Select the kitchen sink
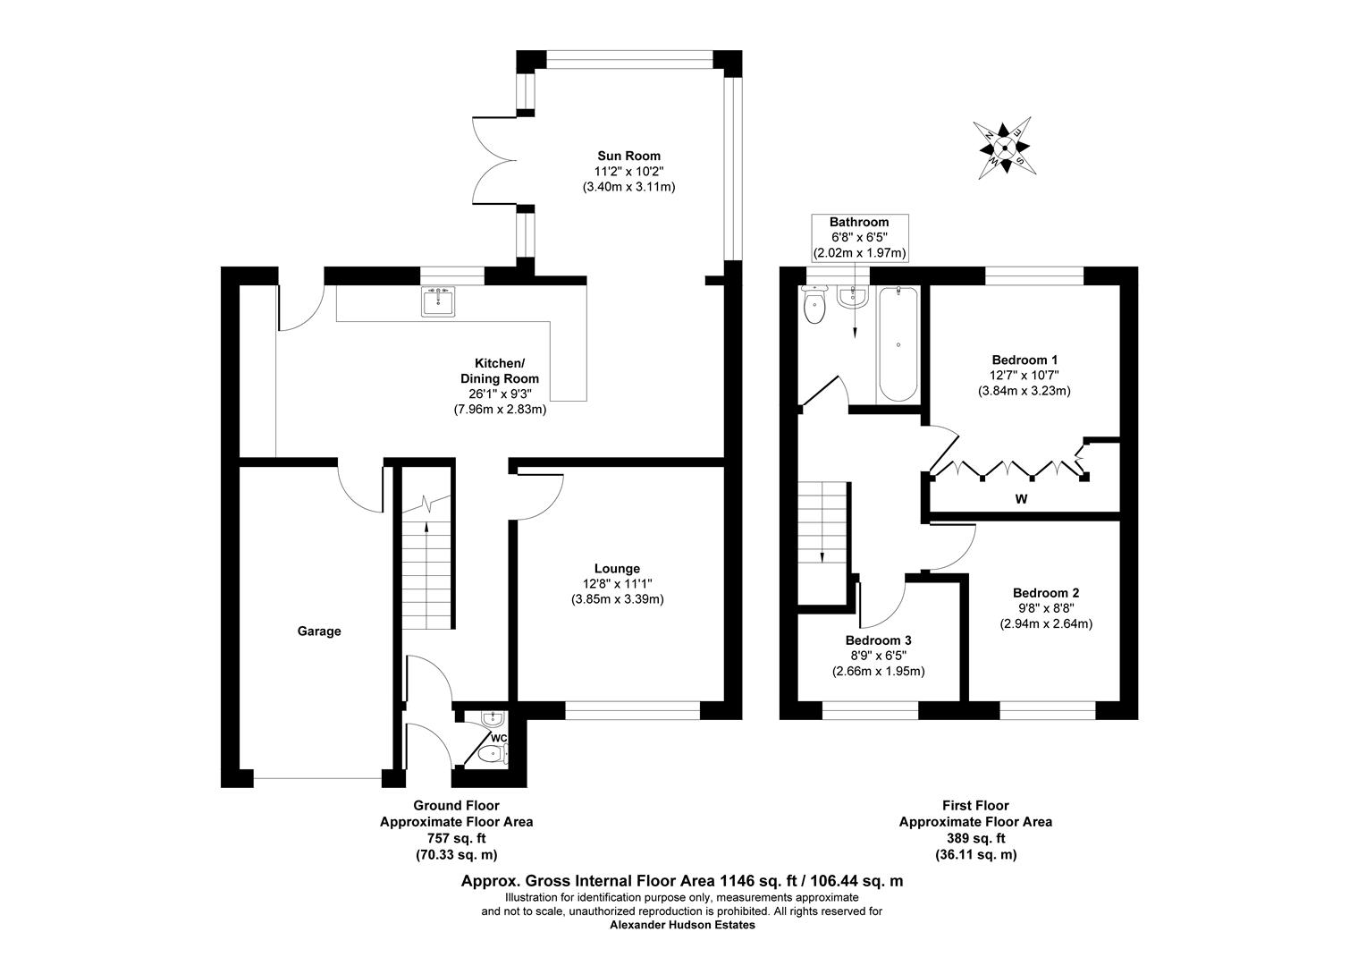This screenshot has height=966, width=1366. pyautogui.click(x=438, y=301)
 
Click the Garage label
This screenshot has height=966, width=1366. pyautogui.click(x=319, y=631)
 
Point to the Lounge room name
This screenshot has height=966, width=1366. pyautogui.click(x=617, y=568)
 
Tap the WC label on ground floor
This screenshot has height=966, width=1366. pyautogui.click(x=499, y=738)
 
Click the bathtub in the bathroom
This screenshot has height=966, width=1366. pyautogui.click(x=897, y=344)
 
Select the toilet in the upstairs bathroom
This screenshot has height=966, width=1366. pyautogui.click(x=814, y=309)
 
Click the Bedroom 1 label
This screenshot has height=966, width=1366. pyautogui.click(x=1024, y=359)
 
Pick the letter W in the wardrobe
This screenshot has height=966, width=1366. pyautogui.click(x=1021, y=499)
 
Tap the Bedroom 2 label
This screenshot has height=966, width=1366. pyautogui.click(x=1046, y=592)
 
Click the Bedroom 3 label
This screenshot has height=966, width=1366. pyautogui.click(x=878, y=640)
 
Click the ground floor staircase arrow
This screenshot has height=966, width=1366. pyautogui.click(x=426, y=528)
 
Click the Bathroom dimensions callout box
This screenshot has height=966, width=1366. pyautogui.click(x=858, y=238)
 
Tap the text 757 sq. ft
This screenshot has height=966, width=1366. pyautogui.click(x=457, y=838)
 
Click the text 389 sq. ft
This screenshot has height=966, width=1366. pyautogui.click(x=975, y=838)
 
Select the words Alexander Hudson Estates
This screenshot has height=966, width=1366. pyautogui.click(x=682, y=925)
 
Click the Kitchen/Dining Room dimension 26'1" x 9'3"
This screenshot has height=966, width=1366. pyautogui.click(x=500, y=394)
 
